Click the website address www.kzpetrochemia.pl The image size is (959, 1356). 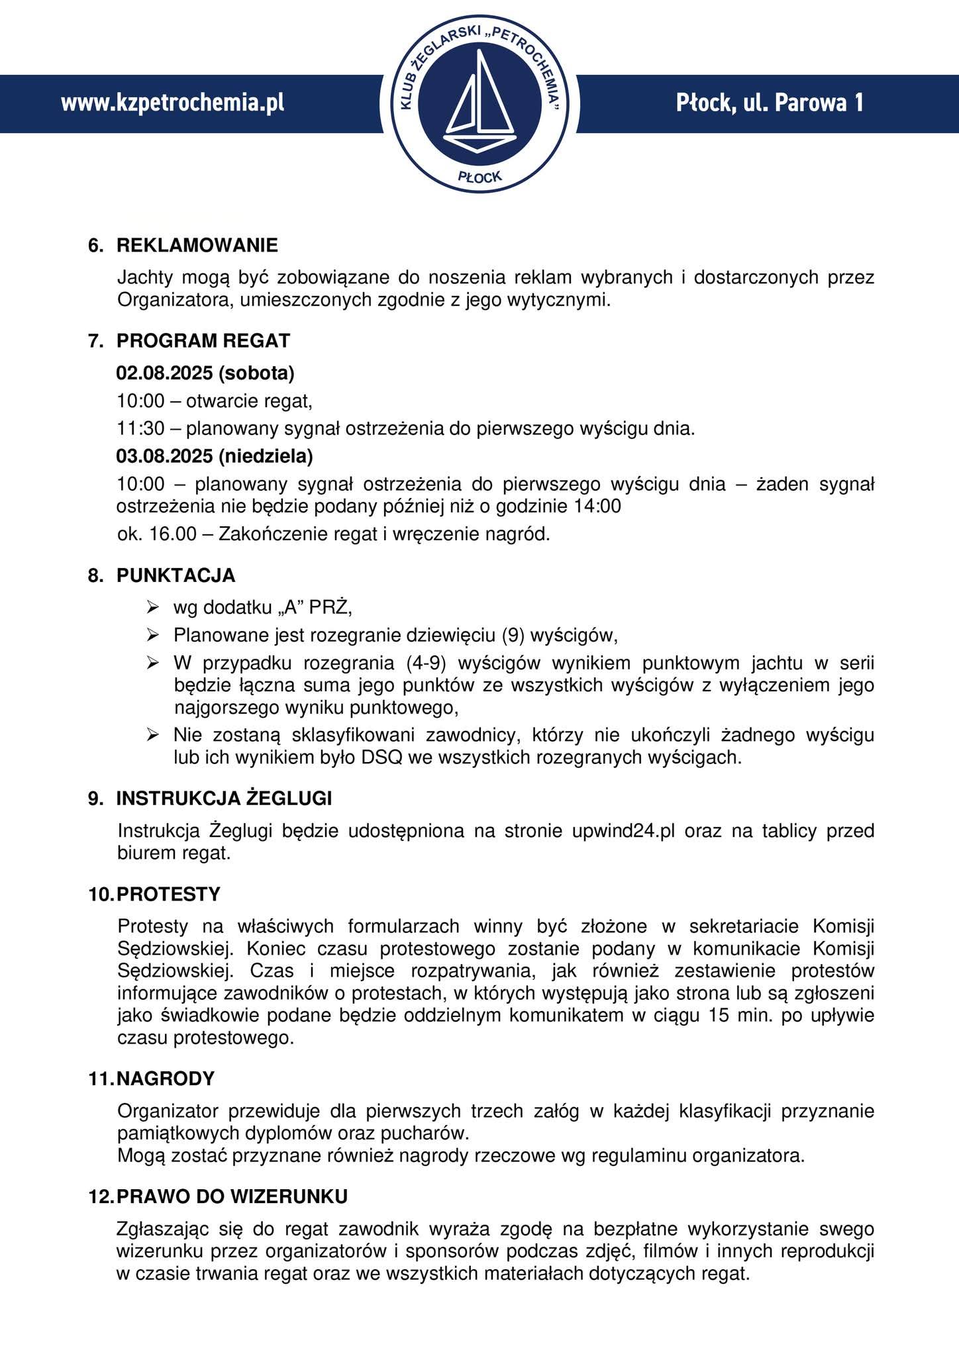(x=173, y=103)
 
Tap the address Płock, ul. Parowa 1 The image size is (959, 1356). (x=770, y=103)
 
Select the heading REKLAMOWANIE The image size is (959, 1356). (x=197, y=246)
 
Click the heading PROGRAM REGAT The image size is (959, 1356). (x=203, y=341)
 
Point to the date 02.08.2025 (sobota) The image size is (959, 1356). (x=205, y=373)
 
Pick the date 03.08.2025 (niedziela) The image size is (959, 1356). (x=215, y=456)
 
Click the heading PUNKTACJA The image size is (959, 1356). (x=176, y=576)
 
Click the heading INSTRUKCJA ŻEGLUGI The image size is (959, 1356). (x=224, y=799)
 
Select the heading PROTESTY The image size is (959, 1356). (x=168, y=895)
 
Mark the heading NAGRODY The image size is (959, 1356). (x=166, y=1079)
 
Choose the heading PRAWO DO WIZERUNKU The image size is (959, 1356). (x=232, y=1196)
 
